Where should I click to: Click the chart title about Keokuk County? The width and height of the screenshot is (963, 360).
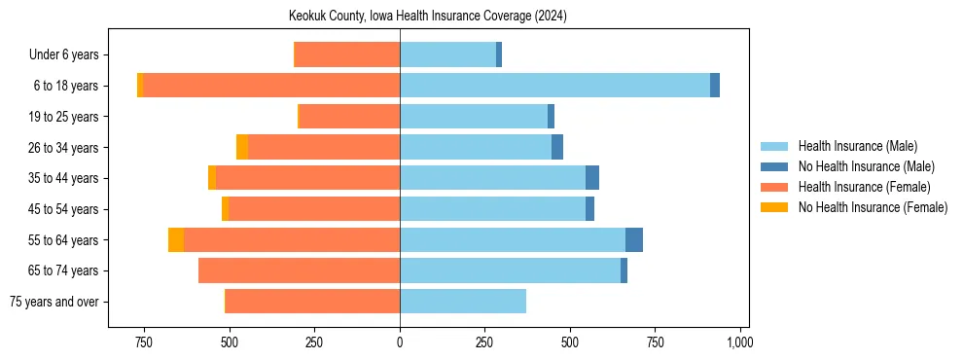coord(428,17)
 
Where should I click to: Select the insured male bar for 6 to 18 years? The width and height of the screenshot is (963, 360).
coord(554,86)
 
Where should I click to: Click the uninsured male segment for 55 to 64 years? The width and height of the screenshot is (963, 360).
coord(634,239)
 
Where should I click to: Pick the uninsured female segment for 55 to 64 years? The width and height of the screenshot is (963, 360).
coord(176,239)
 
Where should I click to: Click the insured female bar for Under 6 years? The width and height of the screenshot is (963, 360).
coord(346,55)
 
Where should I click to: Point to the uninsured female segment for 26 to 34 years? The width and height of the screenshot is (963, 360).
coord(242,147)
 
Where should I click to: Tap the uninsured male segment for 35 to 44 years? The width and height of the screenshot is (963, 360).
coord(592,178)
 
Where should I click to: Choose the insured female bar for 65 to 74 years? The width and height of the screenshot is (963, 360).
coord(299,270)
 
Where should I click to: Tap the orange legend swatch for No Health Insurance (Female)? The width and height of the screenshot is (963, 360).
coord(775,207)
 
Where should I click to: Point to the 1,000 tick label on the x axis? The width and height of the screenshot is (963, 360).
coord(740,342)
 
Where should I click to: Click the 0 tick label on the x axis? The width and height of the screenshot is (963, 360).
coord(400,342)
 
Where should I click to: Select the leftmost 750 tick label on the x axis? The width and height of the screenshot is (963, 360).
coord(143,342)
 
